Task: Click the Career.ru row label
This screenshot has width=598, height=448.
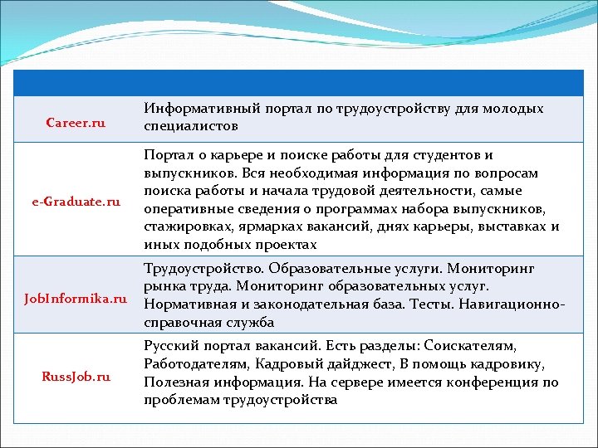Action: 76,123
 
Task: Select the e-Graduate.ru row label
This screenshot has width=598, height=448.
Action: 76,202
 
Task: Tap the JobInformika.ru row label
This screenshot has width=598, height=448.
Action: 76,296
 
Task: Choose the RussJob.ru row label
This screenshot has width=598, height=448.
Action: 76,376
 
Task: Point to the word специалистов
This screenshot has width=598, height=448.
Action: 191,127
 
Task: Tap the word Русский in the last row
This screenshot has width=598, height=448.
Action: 169,344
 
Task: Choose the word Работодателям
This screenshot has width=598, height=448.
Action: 194,363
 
